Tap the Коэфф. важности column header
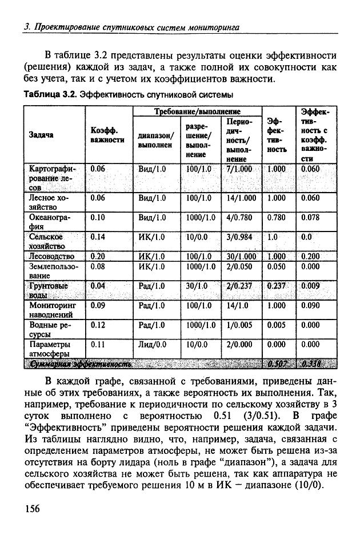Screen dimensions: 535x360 pos(107,135)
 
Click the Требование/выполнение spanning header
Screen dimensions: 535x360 pos(197,111)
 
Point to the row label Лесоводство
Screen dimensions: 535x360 pos(51,256)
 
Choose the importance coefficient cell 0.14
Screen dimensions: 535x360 pos(98,236)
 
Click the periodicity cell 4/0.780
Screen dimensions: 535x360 pos(239,217)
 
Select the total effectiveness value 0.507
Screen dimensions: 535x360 pos(277,364)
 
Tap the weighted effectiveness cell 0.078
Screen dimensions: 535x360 pos(310,217)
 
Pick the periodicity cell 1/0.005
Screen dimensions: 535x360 pos(239,325)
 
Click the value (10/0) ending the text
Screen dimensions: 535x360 pos(306,486)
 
